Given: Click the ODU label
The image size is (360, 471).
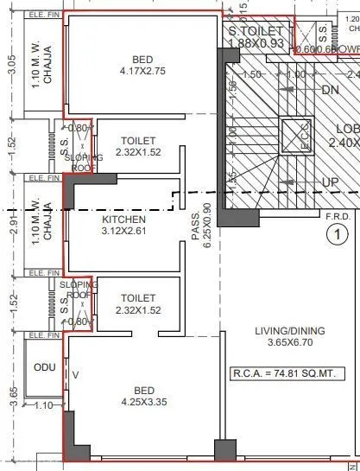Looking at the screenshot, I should click(x=44, y=367).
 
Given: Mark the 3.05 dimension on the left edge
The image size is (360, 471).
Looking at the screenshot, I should click(x=10, y=67).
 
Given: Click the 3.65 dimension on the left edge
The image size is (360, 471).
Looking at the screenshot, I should click(x=10, y=395).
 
